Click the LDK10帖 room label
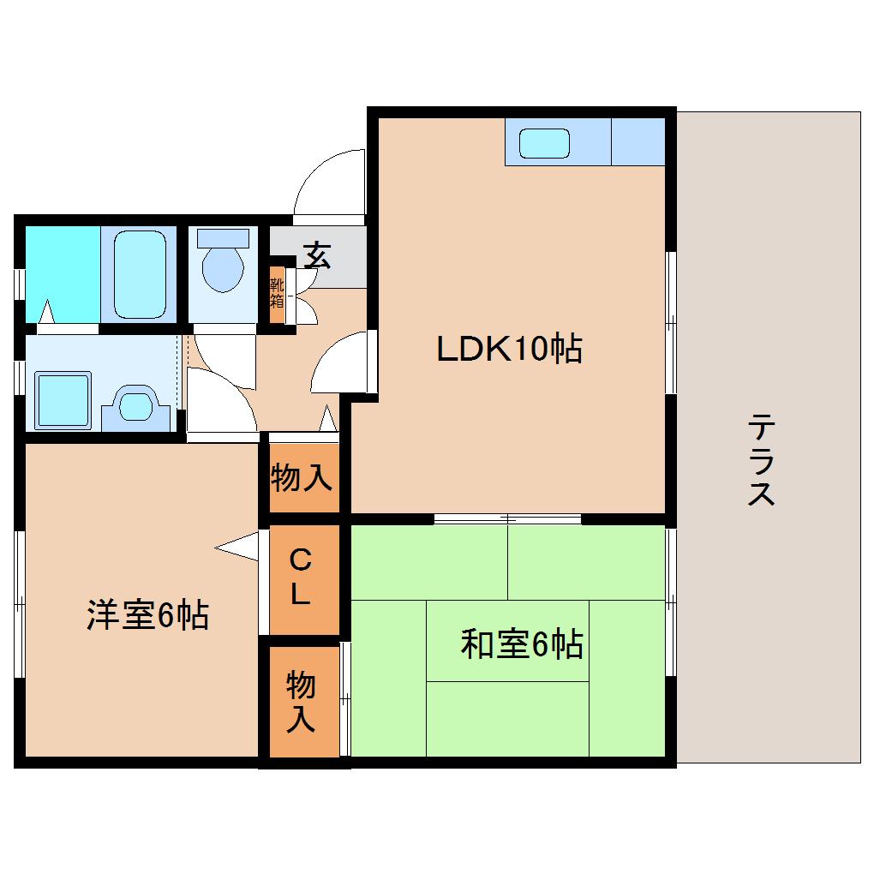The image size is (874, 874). tap(509, 349)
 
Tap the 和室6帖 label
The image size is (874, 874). tap(522, 644)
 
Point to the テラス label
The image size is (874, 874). tap(761, 460)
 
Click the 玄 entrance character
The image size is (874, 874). tap(317, 254)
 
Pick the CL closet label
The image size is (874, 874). tap(299, 578)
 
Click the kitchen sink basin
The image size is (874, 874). tap(545, 143)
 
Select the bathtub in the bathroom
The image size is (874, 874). tap(138, 272)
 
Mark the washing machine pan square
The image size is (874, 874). tap(62, 399)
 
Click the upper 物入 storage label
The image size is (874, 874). tap(301, 478)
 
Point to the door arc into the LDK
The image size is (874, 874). tap(342, 364)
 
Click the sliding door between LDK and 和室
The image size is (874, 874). tap(507, 518)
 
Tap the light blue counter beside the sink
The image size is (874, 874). tap(638, 142)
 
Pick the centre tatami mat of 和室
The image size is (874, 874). tap(507, 641)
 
